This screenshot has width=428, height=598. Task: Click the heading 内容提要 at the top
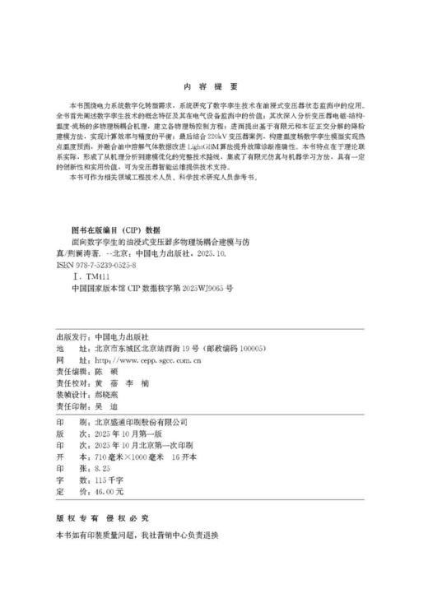click(x=213, y=86)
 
